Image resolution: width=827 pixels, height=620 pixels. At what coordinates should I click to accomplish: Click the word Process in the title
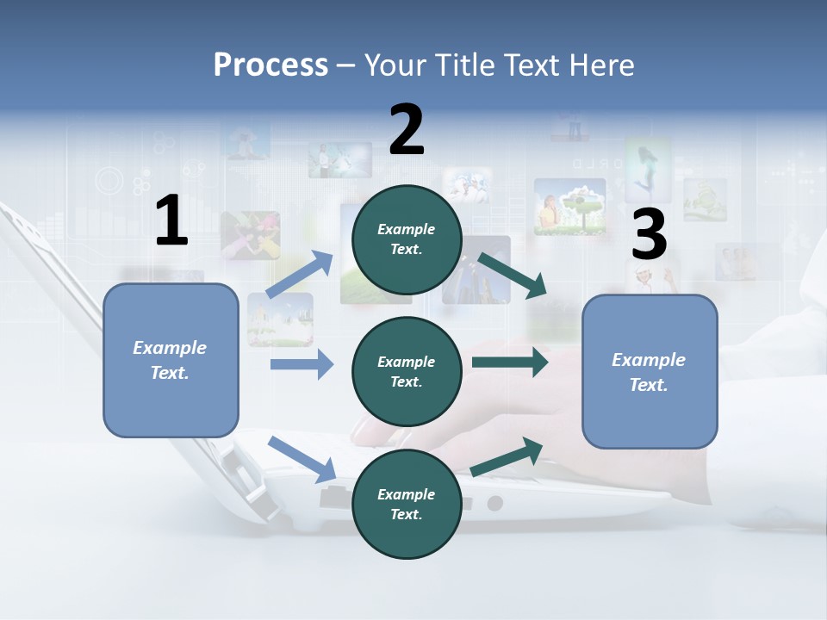270,65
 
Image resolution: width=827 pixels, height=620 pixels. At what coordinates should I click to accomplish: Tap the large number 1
171,222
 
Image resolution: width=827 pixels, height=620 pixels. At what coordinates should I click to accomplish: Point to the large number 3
649,234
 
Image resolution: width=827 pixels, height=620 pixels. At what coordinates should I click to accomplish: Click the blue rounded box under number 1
171,360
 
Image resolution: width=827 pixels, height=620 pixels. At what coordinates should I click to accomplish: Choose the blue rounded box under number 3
650,371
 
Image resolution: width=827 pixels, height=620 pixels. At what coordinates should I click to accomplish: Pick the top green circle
407,239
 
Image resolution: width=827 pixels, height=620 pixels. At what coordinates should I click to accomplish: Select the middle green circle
407,371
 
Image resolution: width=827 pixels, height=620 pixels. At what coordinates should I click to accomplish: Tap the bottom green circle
407,504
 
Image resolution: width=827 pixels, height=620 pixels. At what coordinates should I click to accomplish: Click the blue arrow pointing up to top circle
301,275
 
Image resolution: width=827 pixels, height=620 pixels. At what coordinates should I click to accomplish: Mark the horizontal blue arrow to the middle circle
302,364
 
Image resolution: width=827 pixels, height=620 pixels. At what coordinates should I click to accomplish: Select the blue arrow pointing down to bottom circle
302,459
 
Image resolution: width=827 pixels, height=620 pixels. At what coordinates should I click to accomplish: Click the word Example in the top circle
407,230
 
